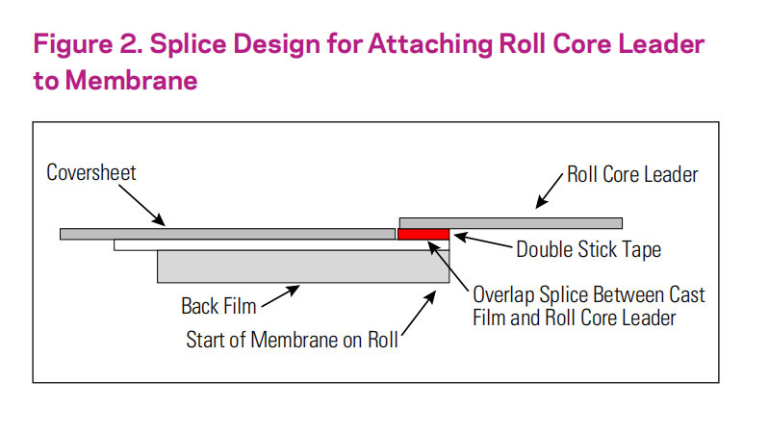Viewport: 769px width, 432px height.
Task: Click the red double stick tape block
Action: coord(423,234)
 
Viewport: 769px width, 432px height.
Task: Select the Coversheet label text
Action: coord(91,172)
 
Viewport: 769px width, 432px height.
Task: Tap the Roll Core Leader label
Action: coord(632,174)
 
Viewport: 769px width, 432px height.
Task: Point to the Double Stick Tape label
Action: coord(588,249)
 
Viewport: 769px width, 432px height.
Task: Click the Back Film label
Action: coord(218,307)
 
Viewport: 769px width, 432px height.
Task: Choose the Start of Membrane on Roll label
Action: coord(292,340)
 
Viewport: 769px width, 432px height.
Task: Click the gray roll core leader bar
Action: coord(510,223)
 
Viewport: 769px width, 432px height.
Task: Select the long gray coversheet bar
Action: coord(227,234)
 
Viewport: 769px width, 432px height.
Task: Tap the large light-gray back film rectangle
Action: coord(303,267)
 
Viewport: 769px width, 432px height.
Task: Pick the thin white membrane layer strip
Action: coord(281,244)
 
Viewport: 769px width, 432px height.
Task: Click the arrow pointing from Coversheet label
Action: coord(141,206)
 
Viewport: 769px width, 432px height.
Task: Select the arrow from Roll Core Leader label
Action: coord(550,191)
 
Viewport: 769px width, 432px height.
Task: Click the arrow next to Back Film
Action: coord(280,296)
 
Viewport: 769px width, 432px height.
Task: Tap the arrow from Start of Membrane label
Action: coord(419,313)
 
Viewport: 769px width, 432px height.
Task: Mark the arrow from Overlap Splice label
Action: coord(449,267)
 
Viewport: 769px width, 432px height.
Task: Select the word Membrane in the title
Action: coord(132,81)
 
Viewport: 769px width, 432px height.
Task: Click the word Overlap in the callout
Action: coord(503,295)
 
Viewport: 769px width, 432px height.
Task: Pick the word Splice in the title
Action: coord(189,44)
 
